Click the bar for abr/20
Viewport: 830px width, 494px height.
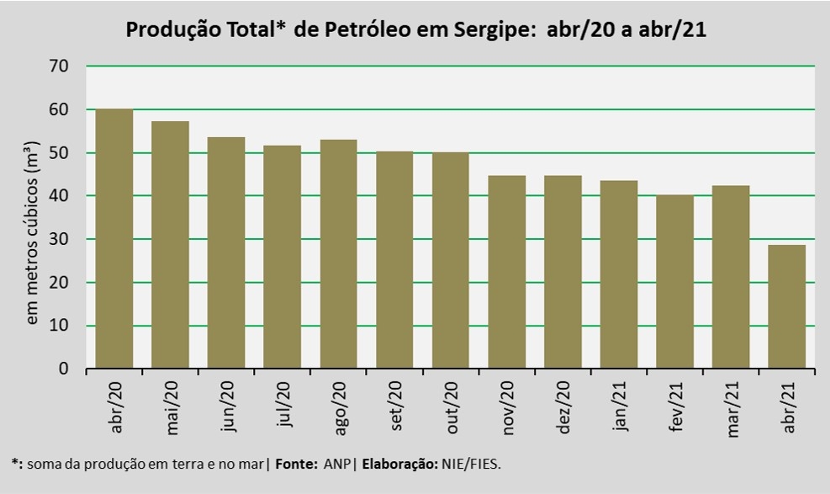pyautogui.click(x=114, y=239)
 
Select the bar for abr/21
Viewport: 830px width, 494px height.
pyautogui.click(x=786, y=307)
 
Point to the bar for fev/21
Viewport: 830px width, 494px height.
pyautogui.click(x=674, y=282)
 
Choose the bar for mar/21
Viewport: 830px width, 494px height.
pyautogui.click(x=730, y=277)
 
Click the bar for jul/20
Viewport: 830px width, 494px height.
pyautogui.click(x=282, y=257)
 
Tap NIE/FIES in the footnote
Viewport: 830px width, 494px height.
pyautogui.click(x=473, y=464)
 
